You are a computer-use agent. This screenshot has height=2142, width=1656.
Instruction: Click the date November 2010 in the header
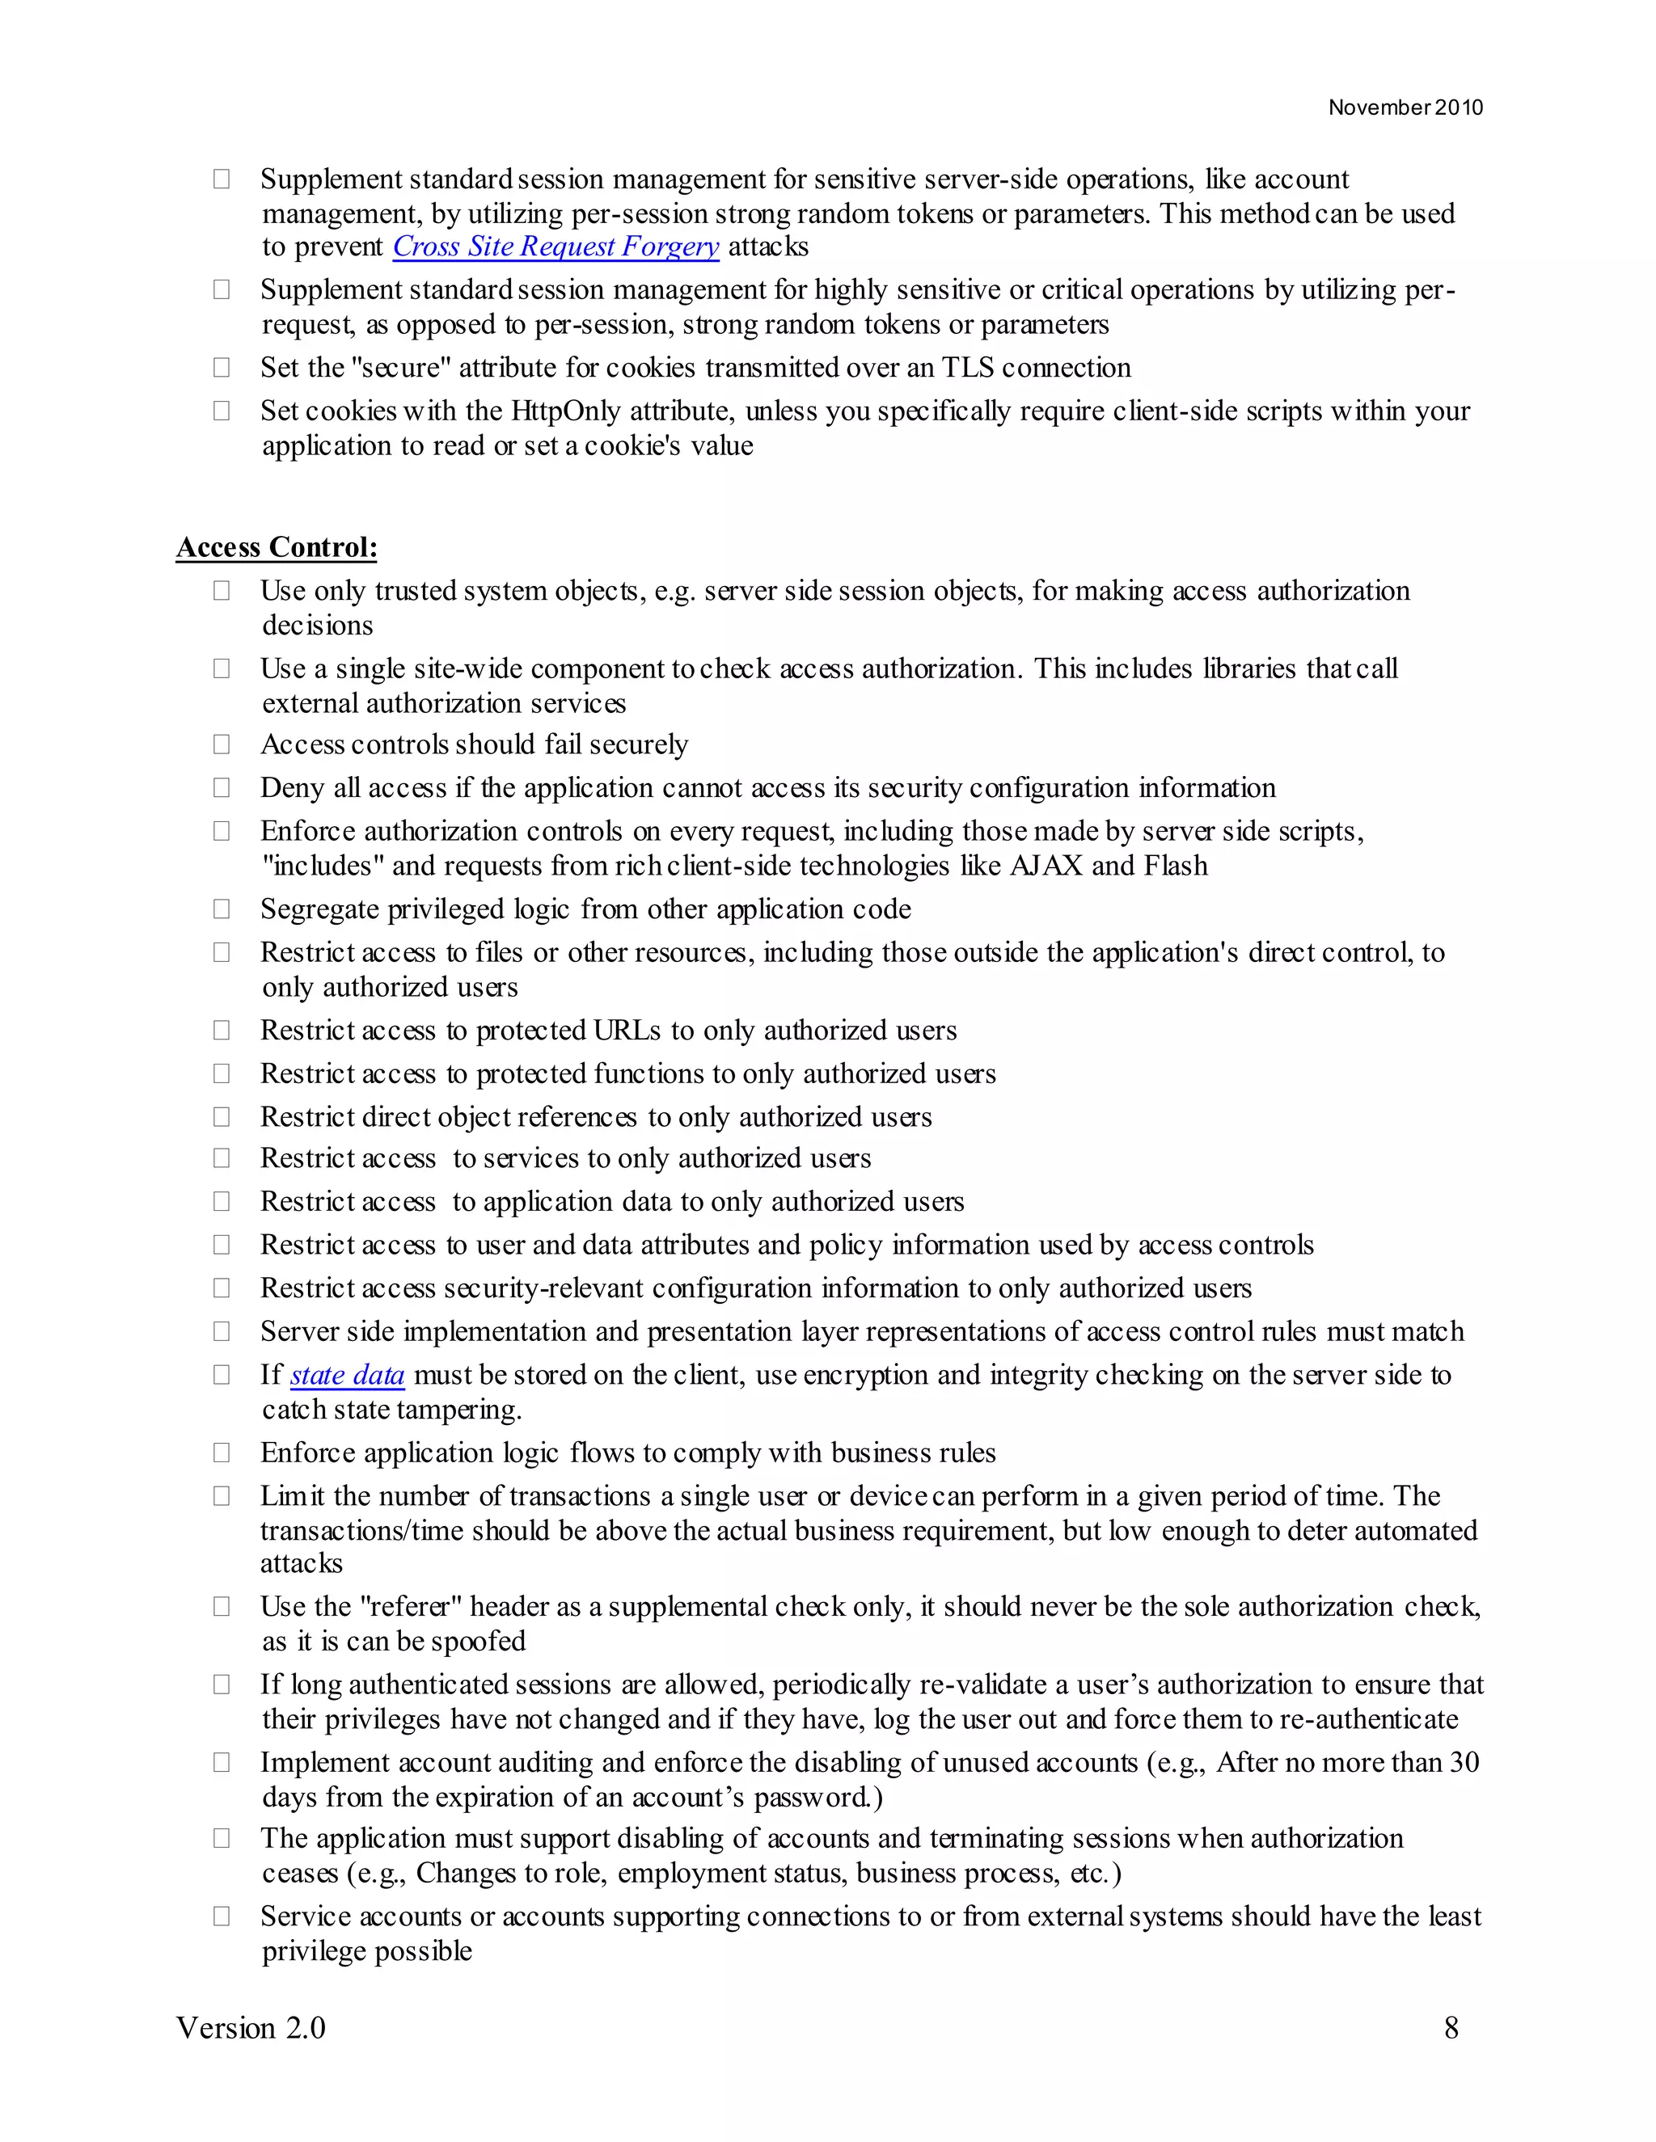coord(1405,108)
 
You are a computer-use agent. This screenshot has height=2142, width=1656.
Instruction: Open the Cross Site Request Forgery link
coord(556,247)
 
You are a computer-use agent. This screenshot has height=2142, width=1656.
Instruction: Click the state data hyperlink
coord(347,1375)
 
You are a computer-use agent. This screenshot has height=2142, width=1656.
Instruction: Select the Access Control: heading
coord(277,547)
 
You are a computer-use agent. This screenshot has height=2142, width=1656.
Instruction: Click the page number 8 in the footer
coord(1451,2027)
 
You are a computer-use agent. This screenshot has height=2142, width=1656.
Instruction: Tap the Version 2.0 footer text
coord(251,2027)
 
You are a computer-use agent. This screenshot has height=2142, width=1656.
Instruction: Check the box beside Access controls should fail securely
coord(222,744)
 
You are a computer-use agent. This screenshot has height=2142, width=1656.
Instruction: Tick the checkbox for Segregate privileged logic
coord(222,909)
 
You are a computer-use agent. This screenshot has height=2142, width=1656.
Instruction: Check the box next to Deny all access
coord(222,787)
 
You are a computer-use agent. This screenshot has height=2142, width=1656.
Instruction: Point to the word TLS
coord(968,368)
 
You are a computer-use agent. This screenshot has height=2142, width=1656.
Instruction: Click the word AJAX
coord(1046,866)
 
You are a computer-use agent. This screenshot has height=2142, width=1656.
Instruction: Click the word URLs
coord(627,1031)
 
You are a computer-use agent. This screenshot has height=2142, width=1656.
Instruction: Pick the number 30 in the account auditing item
coord(1464,1762)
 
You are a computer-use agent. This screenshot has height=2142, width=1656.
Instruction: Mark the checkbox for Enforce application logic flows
coord(222,1453)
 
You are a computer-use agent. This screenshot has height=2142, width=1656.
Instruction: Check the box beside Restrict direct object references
coord(222,1117)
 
